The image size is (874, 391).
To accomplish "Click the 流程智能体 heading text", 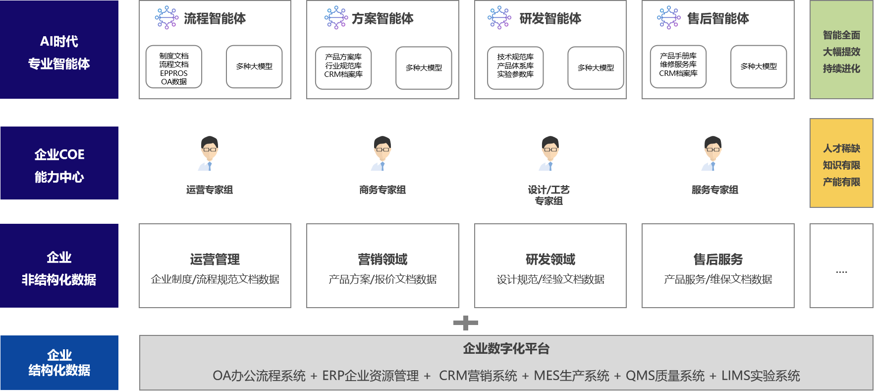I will [215, 18].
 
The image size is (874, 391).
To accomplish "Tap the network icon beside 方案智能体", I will [336, 18].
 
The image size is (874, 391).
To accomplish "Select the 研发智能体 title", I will [550, 18].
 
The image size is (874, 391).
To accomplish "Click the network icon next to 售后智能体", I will [668, 18].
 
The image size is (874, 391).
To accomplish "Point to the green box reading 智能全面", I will [841, 50].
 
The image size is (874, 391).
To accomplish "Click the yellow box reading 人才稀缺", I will [841, 163].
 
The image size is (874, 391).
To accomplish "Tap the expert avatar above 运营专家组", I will [210, 154].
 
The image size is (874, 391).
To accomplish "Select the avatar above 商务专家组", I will [382, 154].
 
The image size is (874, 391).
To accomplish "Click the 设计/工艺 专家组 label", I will [549, 195].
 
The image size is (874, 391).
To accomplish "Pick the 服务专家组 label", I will [714, 190].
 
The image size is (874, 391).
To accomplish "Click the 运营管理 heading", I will [215, 259].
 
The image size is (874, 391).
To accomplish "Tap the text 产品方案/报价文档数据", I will [382, 279].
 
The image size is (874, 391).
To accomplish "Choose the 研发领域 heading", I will [550, 259].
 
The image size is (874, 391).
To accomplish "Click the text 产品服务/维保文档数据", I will [717, 279].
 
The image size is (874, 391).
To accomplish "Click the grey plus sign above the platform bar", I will [465, 323].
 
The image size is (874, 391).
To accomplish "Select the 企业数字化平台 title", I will [506, 348].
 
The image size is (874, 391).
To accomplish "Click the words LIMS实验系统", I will [760, 376].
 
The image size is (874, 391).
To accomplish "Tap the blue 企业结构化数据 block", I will [59, 363].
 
